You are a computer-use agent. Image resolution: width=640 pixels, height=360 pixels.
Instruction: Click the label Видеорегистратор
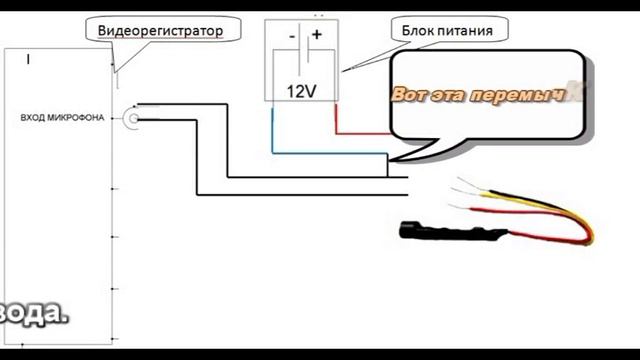[159, 31]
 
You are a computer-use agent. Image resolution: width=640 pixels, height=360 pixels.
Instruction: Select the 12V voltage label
[301, 91]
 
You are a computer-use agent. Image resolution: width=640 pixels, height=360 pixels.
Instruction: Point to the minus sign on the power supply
[291, 35]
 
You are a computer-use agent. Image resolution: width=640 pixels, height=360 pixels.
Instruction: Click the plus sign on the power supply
[316, 35]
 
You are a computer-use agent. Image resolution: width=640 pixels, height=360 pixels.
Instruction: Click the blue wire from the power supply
[273, 128]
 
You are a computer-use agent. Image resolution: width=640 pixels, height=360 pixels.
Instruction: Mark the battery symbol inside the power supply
[303, 61]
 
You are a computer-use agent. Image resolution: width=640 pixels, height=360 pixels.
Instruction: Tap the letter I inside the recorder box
[29, 61]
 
